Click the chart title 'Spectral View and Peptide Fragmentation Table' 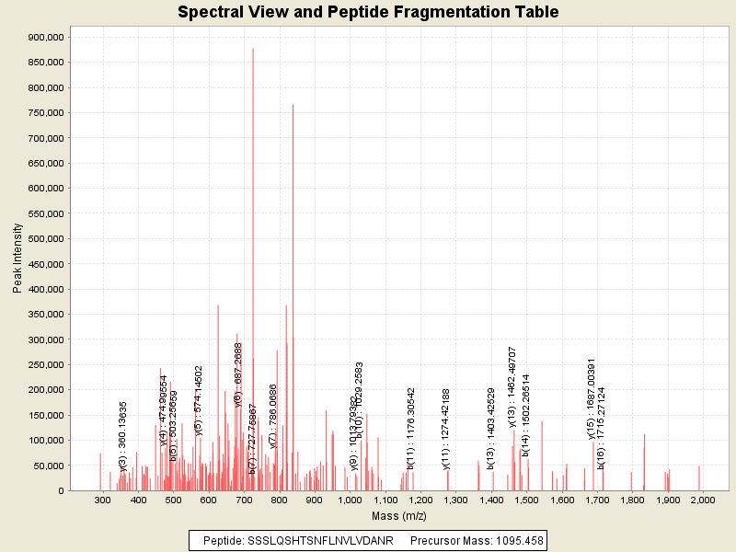click(x=368, y=13)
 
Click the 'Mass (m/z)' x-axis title click(x=399, y=516)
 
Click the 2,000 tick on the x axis click(x=701, y=500)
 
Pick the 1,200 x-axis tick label click(x=420, y=500)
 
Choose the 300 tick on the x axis click(x=101, y=500)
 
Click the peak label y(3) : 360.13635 click(x=123, y=436)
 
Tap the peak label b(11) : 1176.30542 click(x=411, y=428)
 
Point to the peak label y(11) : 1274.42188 click(x=446, y=428)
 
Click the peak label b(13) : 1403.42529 click(x=491, y=428)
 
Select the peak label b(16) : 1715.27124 click(x=602, y=428)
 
